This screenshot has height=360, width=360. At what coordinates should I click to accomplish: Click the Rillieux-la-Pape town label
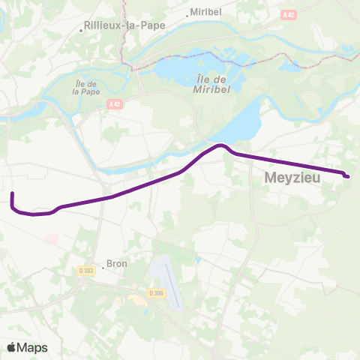pos(124,24)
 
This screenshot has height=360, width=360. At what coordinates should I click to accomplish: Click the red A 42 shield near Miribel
pos(289,14)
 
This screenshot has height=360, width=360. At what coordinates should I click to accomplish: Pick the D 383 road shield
pos(86,270)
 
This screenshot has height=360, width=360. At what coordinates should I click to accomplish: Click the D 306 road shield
pos(156,292)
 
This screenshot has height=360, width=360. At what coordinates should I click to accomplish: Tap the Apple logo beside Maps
pos(11,347)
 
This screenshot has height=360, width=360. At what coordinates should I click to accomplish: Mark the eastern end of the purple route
pos(348,176)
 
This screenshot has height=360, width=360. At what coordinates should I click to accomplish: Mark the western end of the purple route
pos(12,194)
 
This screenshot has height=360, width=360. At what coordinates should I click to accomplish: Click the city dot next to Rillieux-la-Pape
pos(81,31)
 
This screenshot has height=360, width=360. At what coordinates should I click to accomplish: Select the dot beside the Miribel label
pos(187,14)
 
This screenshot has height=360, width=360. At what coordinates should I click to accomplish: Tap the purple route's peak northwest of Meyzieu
pos(220,145)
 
